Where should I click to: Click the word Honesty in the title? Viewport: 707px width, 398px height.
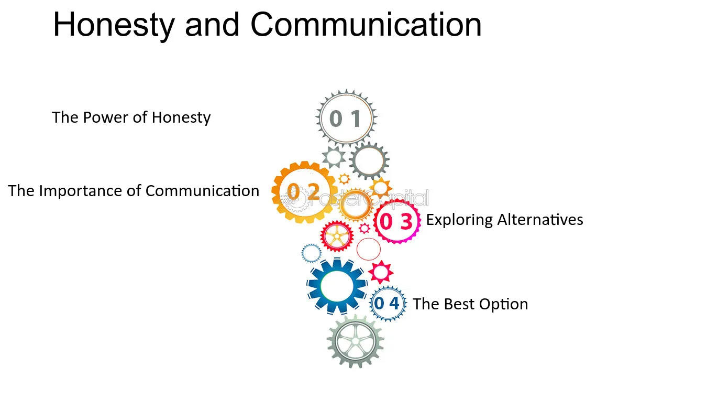[x=114, y=25]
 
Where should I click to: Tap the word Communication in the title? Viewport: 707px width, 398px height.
[x=366, y=25]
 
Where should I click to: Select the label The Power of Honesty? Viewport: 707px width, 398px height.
[x=131, y=117]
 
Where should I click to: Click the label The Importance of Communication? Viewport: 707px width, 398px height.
[x=134, y=191]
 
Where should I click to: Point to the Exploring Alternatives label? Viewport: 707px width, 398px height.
[x=504, y=220]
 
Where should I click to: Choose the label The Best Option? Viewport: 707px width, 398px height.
[x=470, y=304]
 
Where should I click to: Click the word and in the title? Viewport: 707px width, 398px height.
[x=212, y=25]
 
